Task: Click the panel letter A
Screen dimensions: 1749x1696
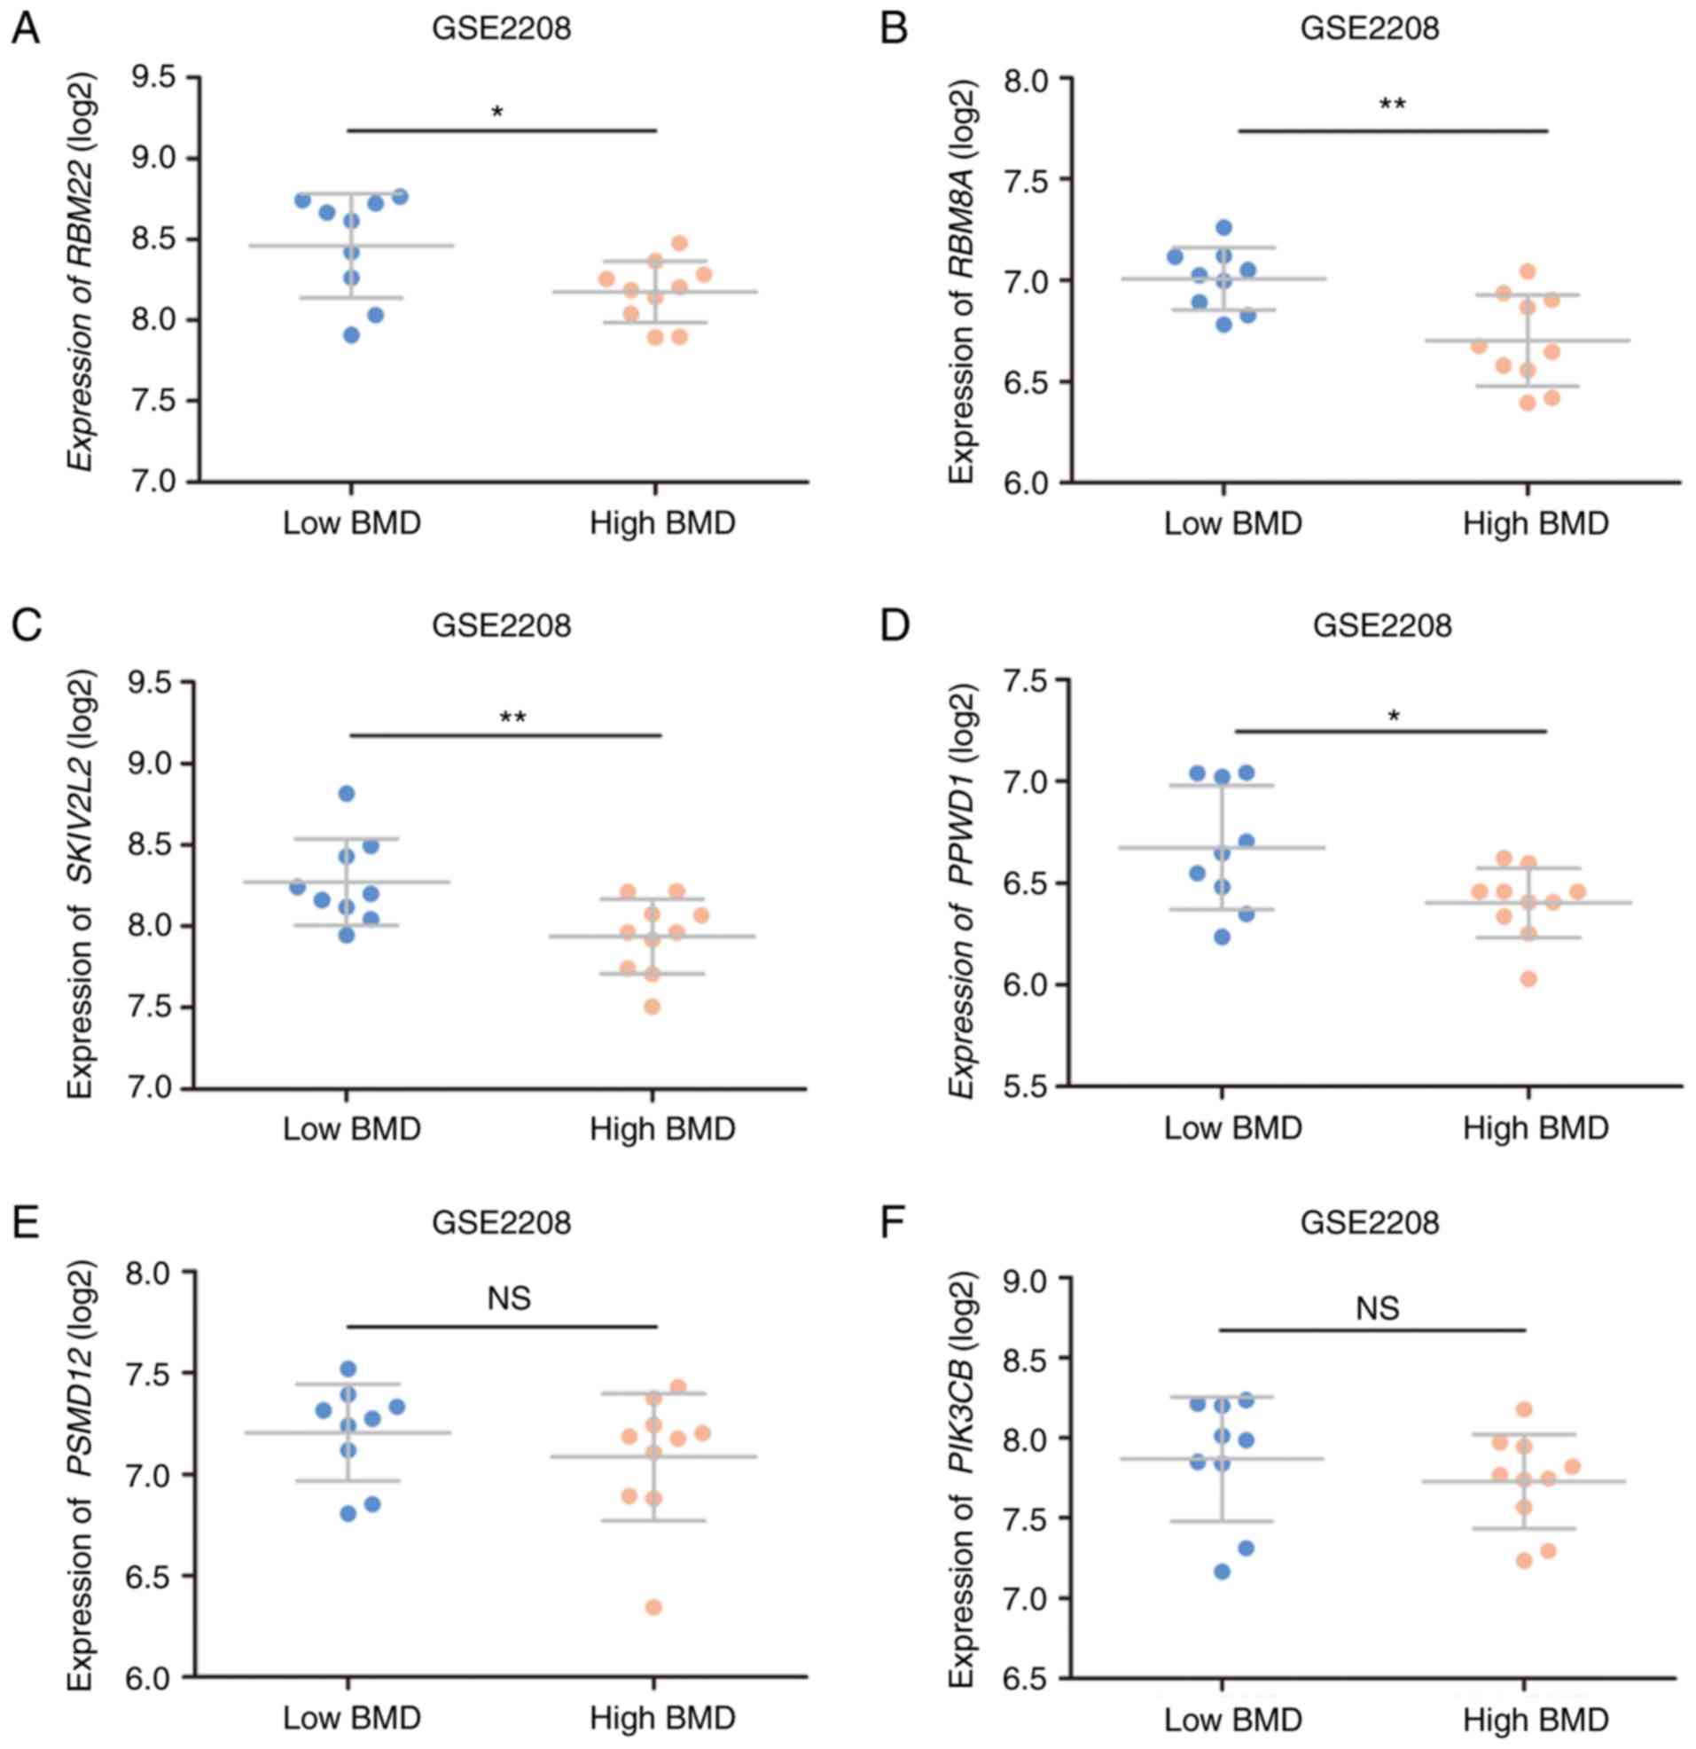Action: point(26,29)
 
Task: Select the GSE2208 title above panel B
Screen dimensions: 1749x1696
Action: point(1369,28)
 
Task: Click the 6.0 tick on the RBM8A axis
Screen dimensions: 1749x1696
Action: point(1035,482)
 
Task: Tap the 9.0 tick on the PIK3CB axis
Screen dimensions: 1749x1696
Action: point(1035,1279)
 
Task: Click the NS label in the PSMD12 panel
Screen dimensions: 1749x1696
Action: point(510,1298)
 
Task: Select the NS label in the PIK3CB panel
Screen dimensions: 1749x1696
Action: point(1378,1309)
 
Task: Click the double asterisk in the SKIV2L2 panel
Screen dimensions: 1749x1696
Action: point(512,718)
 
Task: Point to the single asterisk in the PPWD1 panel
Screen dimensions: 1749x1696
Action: point(1395,717)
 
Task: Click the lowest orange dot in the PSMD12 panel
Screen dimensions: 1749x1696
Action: point(653,1607)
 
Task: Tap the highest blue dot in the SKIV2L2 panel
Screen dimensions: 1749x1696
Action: point(347,793)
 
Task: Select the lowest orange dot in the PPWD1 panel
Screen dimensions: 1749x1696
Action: point(1528,979)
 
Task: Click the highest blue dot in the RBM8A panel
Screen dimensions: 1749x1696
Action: point(1224,228)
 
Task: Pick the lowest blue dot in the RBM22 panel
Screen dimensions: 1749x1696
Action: point(350,335)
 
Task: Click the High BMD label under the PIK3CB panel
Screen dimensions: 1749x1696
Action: point(1536,1720)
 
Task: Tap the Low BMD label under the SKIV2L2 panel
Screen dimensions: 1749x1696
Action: point(351,1129)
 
